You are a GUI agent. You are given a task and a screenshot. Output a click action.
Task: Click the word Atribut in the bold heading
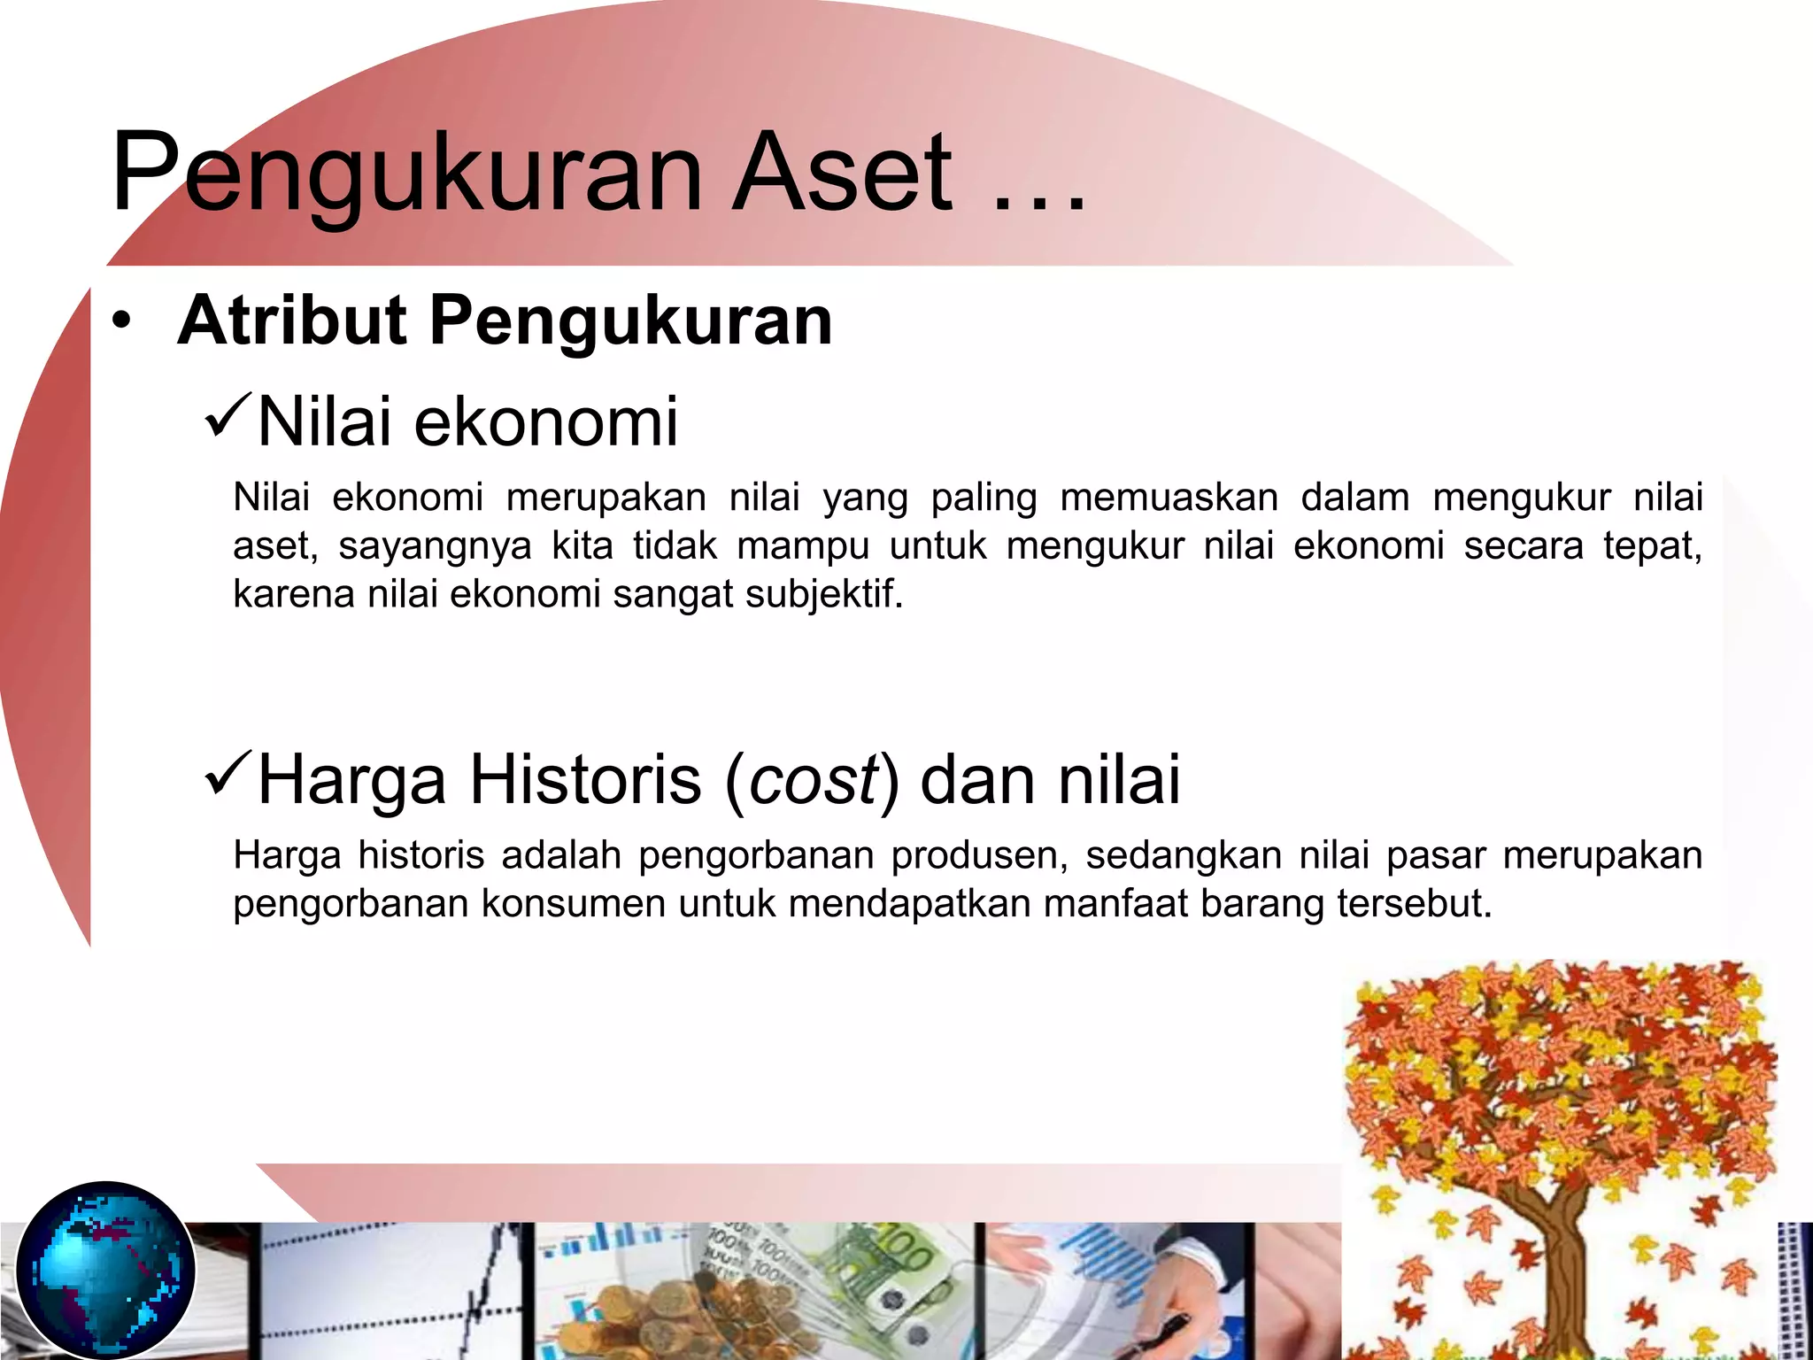coord(292,321)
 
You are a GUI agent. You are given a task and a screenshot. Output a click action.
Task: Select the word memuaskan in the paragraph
coord(1169,498)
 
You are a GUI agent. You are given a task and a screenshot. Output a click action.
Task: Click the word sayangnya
coord(435,546)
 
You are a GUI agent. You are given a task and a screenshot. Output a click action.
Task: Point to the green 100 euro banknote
coord(894,1266)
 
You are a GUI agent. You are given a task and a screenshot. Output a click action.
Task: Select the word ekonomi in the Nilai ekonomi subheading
coord(545,422)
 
